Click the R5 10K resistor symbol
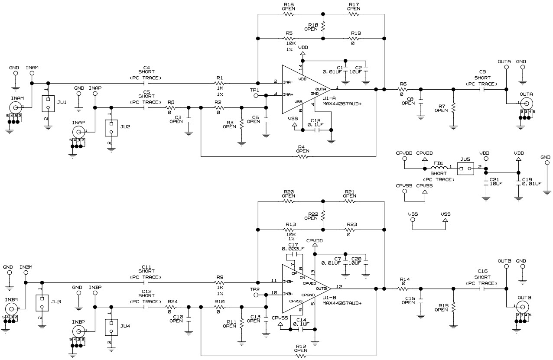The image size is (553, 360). coord(290,39)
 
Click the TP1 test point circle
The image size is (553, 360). coord(256,95)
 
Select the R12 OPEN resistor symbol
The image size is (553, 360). coord(300,356)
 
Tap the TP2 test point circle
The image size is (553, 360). coord(256,295)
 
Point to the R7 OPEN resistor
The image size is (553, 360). coord(453,108)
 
